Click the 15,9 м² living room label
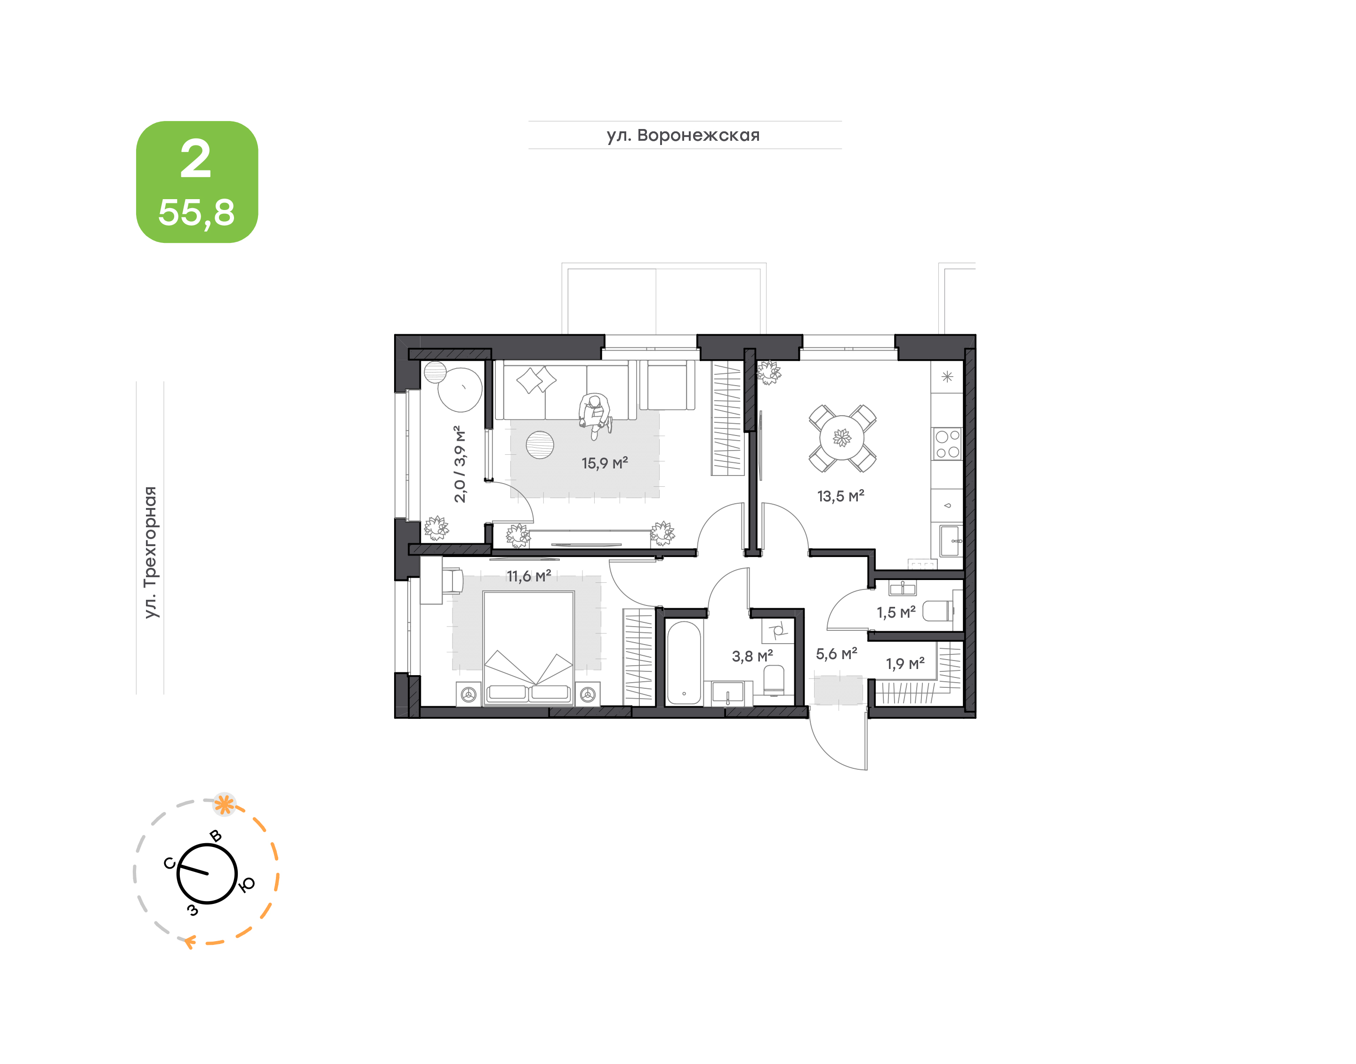tap(604, 463)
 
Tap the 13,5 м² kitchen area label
tap(840, 496)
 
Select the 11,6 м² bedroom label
tap(528, 576)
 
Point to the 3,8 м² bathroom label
tap(752, 656)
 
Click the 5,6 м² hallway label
tap(836, 653)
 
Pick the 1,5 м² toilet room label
tap(896, 613)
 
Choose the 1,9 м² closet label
tap(905, 663)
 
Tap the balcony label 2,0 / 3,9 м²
tap(460, 464)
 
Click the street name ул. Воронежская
tap(683, 135)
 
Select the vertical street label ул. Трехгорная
tap(150, 553)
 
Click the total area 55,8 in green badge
tap(197, 213)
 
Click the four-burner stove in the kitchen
tap(947, 443)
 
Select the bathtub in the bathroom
tap(683, 663)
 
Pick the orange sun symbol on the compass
tap(224, 804)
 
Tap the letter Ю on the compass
tap(247, 885)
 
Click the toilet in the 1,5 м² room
tap(937, 611)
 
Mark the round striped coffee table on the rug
tap(540, 445)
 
